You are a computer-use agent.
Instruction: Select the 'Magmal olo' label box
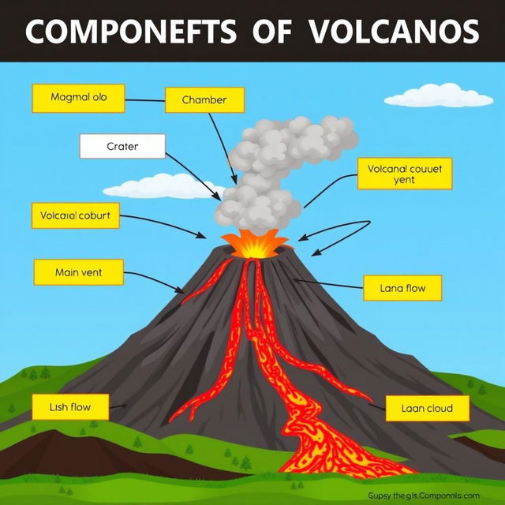(78, 99)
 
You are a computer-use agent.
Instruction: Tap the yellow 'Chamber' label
(204, 100)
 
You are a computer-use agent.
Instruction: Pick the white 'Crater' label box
(122, 146)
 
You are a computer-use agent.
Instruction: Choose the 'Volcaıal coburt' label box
(75, 215)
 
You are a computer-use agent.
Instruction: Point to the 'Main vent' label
(79, 273)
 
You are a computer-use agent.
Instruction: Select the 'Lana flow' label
(403, 288)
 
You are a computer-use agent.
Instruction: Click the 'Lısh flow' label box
(70, 407)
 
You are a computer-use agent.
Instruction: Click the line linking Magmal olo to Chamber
(145, 101)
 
